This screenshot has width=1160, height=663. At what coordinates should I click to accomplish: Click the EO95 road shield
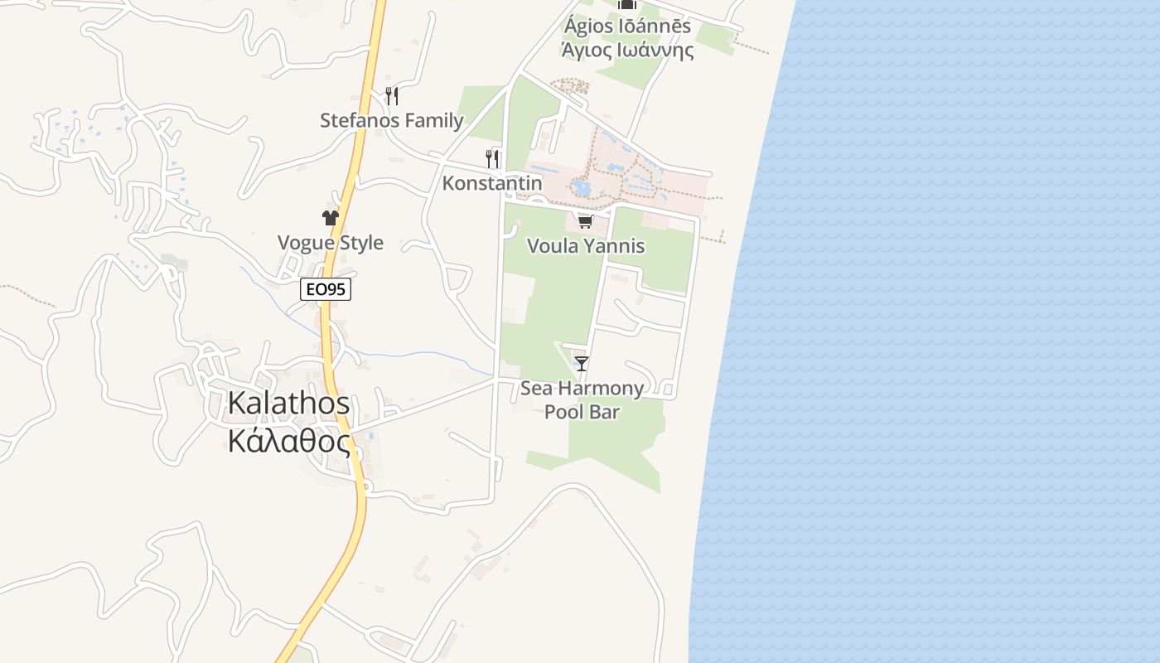[x=326, y=289]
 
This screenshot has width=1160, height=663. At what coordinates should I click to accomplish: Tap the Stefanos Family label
[x=392, y=120]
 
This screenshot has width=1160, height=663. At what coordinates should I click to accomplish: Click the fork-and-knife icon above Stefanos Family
[x=392, y=96]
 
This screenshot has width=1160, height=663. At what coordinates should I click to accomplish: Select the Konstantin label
[x=492, y=183]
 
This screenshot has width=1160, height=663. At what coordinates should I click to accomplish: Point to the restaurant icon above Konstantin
[x=492, y=158]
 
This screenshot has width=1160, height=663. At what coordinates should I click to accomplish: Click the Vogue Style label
[x=331, y=243]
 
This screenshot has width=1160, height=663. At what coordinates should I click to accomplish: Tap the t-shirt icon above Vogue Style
[x=331, y=218]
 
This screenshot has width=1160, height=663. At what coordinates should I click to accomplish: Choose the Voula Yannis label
[x=586, y=246]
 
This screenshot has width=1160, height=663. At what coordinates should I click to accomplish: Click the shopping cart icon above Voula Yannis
[x=586, y=221]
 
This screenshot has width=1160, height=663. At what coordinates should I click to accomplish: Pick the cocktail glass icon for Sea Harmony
[x=582, y=363]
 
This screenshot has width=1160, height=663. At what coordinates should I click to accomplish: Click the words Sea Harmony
[x=582, y=389]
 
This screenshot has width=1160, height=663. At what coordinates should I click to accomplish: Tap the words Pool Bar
[x=582, y=412]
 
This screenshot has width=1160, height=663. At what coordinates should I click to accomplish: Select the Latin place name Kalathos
[x=288, y=404]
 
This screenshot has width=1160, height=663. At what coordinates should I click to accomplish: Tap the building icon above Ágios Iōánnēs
[x=627, y=4]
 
